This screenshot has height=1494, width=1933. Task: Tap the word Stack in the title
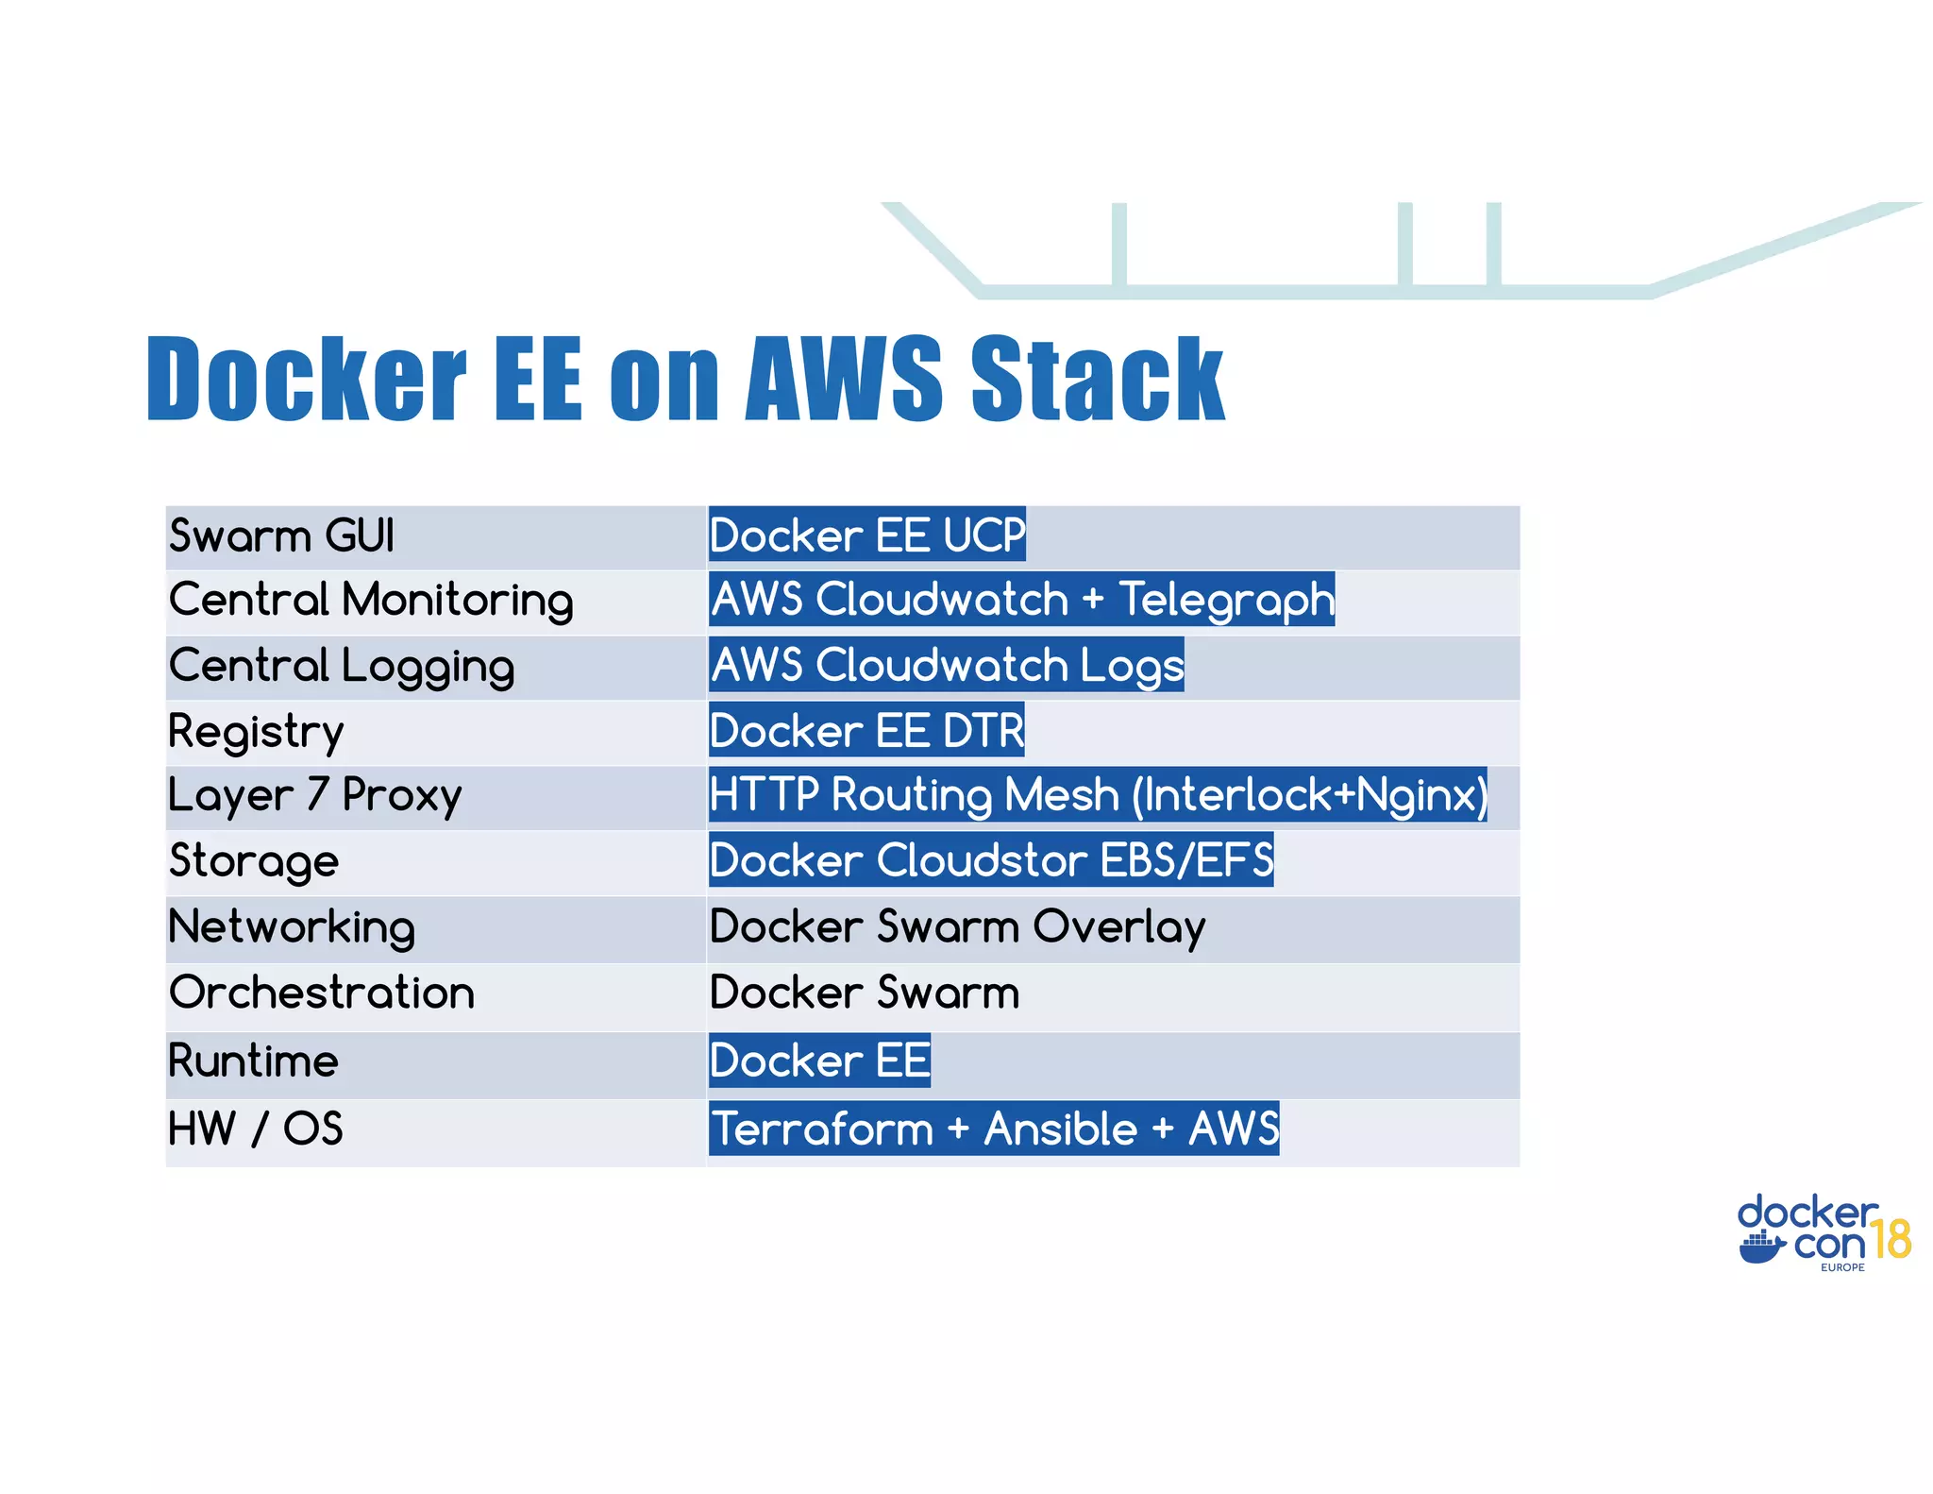point(1098,379)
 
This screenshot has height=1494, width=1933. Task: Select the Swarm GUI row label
point(281,535)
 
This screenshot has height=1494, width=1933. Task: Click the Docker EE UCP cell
point(866,535)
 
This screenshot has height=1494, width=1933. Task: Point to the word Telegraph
point(1226,600)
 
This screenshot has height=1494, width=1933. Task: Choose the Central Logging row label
point(342,666)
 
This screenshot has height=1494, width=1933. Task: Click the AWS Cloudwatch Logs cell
point(947,665)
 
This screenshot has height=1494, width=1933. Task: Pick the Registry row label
point(256,731)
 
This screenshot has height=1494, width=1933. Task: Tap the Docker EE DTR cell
point(866,731)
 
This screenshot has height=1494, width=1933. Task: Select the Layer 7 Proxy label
point(314,795)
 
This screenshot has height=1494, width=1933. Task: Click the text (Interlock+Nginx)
point(1309,795)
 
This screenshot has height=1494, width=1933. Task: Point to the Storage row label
point(253,860)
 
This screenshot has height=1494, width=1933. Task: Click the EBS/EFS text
point(1186,860)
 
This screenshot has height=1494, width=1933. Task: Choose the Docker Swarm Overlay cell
point(957,926)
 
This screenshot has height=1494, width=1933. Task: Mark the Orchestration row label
point(321,993)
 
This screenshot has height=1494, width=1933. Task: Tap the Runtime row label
point(253,1061)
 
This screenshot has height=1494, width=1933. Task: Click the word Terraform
point(822,1129)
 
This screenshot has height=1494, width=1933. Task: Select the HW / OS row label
point(255,1129)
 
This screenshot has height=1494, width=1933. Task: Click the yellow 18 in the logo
point(1891,1240)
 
